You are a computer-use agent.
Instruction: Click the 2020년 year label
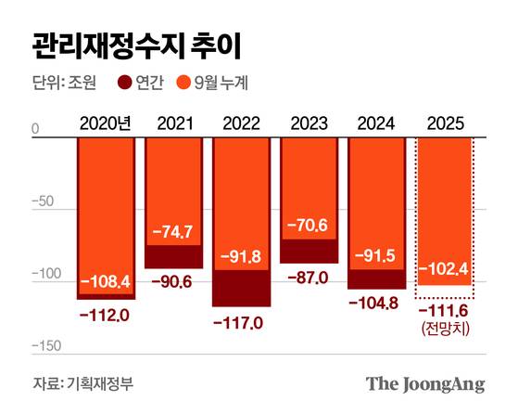(x=106, y=122)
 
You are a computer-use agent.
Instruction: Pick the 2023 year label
(x=310, y=122)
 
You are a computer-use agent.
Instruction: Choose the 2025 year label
(x=446, y=122)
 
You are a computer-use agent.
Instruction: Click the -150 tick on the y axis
(x=46, y=345)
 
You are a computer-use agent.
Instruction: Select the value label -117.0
(x=241, y=322)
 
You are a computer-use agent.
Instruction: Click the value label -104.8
(x=377, y=304)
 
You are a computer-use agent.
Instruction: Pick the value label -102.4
(x=446, y=271)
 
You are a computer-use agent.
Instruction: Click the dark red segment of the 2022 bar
(x=241, y=288)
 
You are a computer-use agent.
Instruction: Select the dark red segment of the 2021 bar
(x=173, y=256)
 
